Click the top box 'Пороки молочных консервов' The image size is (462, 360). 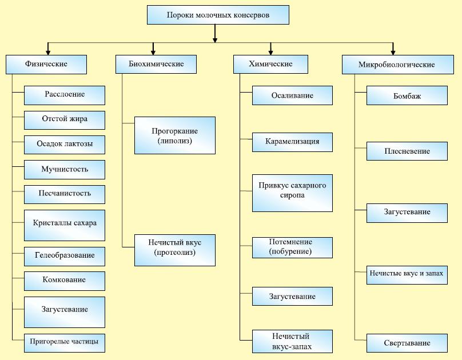coord(218,15)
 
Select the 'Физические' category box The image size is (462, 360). coord(46,65)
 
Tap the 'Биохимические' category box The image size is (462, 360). coord(156,65)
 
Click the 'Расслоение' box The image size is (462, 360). coord(65,95)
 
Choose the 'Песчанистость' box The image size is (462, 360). coord(65,194)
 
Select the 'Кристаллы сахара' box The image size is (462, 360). coord(65,223)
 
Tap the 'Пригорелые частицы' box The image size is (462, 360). coord(65,342)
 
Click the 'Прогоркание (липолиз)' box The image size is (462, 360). coord(175,135)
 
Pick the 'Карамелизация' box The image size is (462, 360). coord(292,142)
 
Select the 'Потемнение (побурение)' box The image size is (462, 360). coord(292,247)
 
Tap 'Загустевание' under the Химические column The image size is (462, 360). coord(292,297)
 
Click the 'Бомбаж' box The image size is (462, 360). coord(407,96)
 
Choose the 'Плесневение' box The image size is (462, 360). coord(407,151)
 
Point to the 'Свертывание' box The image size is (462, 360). coord(407,343)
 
